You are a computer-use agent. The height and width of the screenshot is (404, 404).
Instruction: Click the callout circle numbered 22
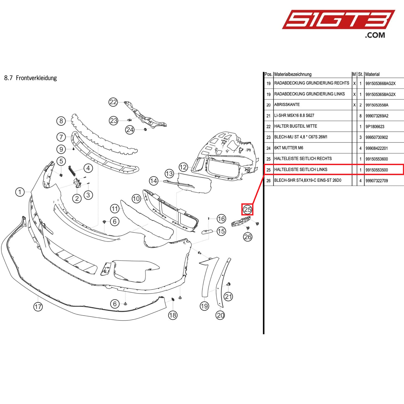[x=113, y=102]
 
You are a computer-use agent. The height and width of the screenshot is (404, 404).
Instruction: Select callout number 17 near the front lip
[x=38, y=307]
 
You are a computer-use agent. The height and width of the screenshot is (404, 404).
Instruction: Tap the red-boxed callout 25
[x=247, y=209]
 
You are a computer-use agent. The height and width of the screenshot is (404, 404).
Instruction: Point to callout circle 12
[x=183, y=167]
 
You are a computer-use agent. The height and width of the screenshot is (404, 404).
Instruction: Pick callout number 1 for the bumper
[x=20, y=192]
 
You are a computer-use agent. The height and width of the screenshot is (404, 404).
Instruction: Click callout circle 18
[x=173, y=315]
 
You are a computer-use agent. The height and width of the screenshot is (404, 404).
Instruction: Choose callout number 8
[x=61, y=121]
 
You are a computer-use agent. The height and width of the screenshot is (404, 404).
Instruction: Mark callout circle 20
[x=220, y=315]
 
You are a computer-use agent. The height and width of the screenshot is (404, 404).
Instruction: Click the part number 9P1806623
[x=375, y=127]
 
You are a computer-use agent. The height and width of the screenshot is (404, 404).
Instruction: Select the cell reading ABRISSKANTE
[x=287, y=105]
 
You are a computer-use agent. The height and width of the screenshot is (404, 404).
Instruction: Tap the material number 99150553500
[x=377, y=170]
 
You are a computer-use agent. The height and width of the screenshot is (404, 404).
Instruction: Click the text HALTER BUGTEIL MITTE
[x=295, y=126]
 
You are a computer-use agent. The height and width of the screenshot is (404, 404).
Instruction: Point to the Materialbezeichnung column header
[x=293, y=74]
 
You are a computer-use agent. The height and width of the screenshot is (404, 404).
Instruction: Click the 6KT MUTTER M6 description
[x=289, y=148]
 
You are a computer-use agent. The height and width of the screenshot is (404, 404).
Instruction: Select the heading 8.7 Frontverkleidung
[x=31, y=78]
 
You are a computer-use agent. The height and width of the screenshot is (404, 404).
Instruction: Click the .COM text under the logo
[x=375, y=35]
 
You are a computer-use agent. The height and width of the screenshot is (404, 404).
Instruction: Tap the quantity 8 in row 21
[x=360, y=116]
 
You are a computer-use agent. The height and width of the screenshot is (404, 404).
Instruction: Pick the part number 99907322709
[x=377, y=181]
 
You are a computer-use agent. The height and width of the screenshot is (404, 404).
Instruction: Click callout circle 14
[x=154, y=181]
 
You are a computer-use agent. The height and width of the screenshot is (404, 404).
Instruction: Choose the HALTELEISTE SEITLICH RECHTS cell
[x=303, y=159]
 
